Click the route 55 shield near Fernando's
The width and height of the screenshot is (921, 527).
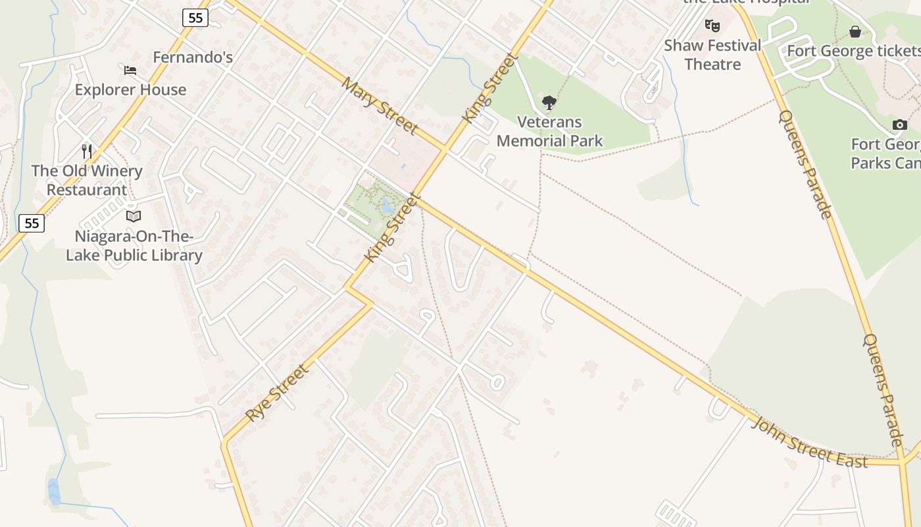pos(195,18)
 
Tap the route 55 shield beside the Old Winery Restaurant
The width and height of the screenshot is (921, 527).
pos(31,223)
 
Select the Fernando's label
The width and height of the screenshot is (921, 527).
pos(193,57)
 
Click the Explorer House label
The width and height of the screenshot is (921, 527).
pos(130,90)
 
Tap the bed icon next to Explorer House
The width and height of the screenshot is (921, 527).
pos(130,70)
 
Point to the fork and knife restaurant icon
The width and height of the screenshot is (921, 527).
pos(87,151)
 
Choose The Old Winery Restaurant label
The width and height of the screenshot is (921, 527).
pos(87,180)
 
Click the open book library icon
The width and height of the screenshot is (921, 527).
pos(134,216)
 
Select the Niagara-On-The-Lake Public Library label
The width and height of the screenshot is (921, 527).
pos(134,246)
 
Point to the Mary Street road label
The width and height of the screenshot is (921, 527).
pos(380,105)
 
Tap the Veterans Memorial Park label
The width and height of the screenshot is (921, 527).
pos(549,131)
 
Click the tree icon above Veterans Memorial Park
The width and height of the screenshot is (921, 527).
pos(549,103)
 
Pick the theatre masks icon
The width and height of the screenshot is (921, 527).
pos(712,26)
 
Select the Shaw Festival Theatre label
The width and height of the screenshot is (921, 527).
pos(712,55)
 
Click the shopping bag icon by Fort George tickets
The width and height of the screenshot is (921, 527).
pos(855,31)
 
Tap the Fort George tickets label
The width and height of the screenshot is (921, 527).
pos(853,51)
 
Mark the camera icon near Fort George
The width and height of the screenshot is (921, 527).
pos(899,125)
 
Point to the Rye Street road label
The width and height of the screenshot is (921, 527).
pos(277,393)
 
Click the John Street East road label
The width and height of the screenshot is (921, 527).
pos(810,442)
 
